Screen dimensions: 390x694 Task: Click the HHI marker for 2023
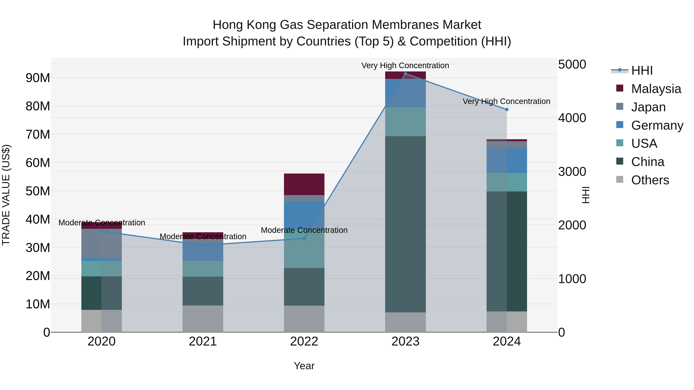click(x=405, y=74)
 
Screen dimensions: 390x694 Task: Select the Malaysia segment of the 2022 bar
click(x=304, y=184)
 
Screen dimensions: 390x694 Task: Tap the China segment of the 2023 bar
click(x=405, y=224)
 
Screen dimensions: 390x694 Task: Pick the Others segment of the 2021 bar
click(x=203, y=319)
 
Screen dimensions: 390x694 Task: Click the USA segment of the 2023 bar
click(x=405, y=122)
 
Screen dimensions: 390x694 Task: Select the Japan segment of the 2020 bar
click(x=102, y=243)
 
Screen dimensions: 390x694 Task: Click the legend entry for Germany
click(x=657, y=125)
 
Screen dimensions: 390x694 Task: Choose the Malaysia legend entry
click(x=656, y=89)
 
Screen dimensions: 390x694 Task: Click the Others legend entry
click(x=650, y=180)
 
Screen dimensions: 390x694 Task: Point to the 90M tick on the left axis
click(x=38, y=78)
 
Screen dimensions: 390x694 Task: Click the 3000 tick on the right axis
click(x=572, y=172)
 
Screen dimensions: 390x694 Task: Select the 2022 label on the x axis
click(x=304, y=341)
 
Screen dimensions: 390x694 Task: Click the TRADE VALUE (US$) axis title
click(x=6, y=195)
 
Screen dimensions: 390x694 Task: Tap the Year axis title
click(x=304, y=366)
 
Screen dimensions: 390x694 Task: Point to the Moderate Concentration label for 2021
click(x=203, y=236)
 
